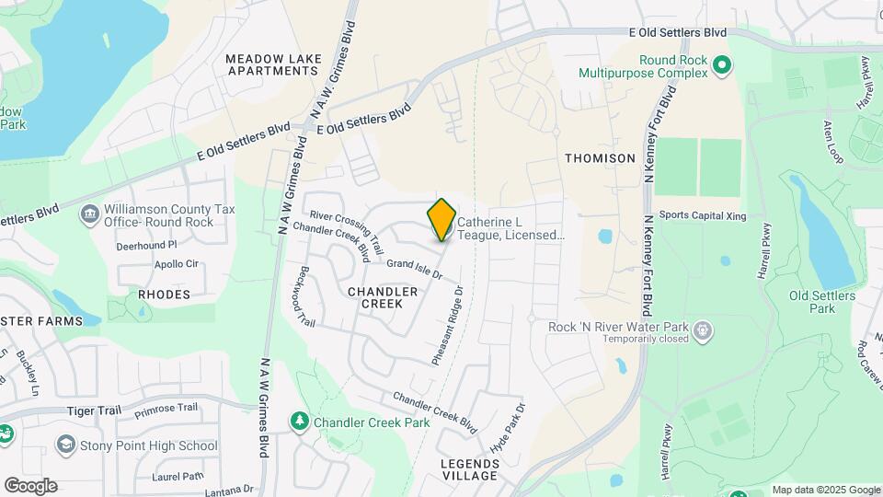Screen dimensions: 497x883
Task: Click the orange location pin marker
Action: tap(442, 219)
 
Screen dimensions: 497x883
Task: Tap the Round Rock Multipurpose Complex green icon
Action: tap(721, 64)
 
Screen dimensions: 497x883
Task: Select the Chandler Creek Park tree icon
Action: tap(299, 422)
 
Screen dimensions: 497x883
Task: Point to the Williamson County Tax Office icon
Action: tap(90, 215)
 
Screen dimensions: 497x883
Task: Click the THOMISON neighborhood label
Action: tap(600, 158)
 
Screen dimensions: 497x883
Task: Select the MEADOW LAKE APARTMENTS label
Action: tap(274, 64)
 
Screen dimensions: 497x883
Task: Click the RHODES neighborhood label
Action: tap(164, 295)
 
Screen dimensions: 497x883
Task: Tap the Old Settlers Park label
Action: tap(822, 302)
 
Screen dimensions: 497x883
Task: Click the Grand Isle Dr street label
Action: tap(415, 269)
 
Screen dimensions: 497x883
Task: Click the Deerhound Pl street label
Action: tap(146, 246)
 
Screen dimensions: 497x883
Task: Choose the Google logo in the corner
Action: tap(30, 486)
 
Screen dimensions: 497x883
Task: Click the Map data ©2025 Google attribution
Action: tap(826, 490)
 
